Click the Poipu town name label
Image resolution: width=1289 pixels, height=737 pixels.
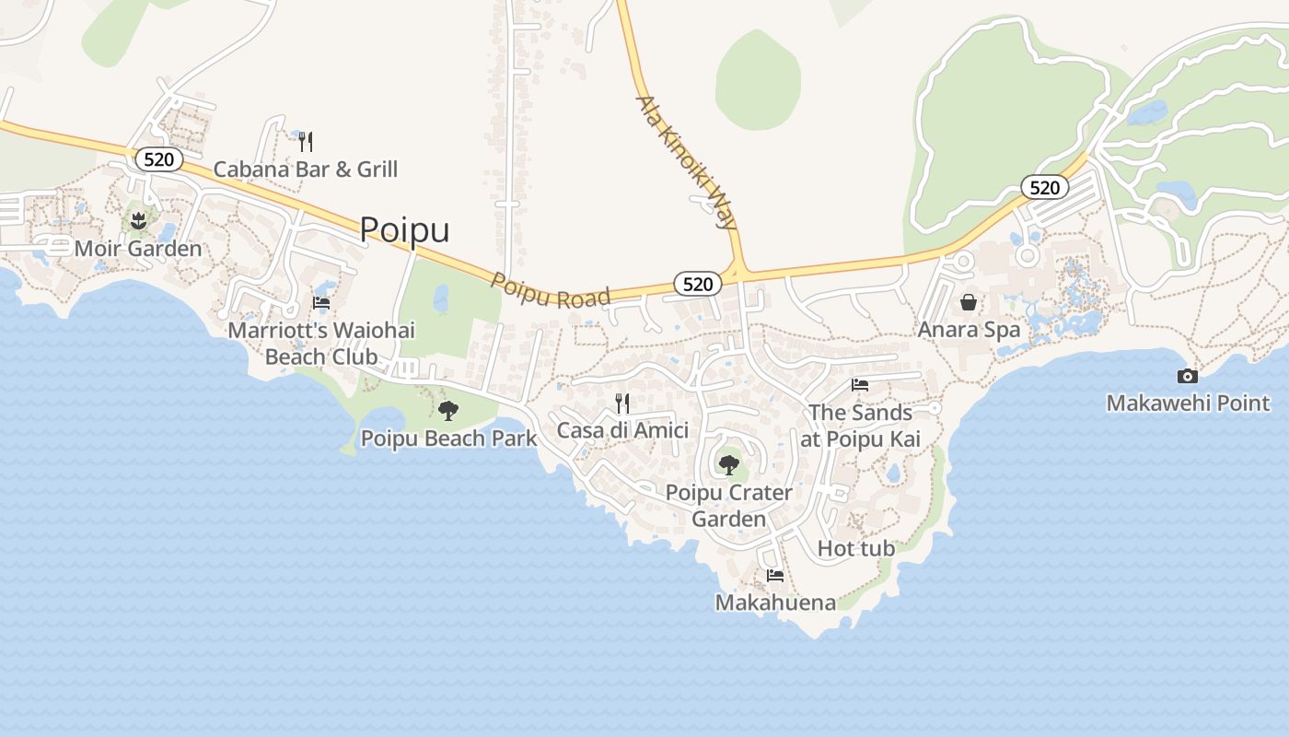tap(404, 229)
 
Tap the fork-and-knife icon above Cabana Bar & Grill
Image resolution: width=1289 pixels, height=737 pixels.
tap(306, 141)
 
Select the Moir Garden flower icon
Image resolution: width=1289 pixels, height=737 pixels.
tap(138, 220)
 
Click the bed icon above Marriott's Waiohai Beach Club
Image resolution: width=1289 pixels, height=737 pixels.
tap(321, 302)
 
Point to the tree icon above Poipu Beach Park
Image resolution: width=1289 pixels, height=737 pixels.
tap(448, 410)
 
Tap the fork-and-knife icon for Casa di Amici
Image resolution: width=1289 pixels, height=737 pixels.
tap(622, 403)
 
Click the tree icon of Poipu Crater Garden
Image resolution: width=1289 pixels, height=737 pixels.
tap(728, 464)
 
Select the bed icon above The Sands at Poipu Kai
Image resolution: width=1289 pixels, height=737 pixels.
tap(860, 384)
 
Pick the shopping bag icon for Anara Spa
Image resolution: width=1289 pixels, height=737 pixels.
tap(969, 301)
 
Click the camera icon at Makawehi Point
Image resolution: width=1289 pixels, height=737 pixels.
tap(1188, 376)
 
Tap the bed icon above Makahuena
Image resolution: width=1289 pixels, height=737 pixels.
tap(775, 576)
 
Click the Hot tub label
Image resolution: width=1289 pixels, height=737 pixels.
tap(856, 549)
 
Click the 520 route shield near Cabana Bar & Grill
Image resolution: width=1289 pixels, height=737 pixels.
tap(158, 159)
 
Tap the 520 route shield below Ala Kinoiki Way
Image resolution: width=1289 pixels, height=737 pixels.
tap(698, 284)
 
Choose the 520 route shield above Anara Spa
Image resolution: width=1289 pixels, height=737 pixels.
tap(1044, 188)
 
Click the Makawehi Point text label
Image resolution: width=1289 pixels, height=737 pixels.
tap(1188, 403)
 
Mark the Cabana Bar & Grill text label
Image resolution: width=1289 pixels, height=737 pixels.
tap(306, 170)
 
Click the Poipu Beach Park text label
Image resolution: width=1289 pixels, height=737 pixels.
tap(448, 439)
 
